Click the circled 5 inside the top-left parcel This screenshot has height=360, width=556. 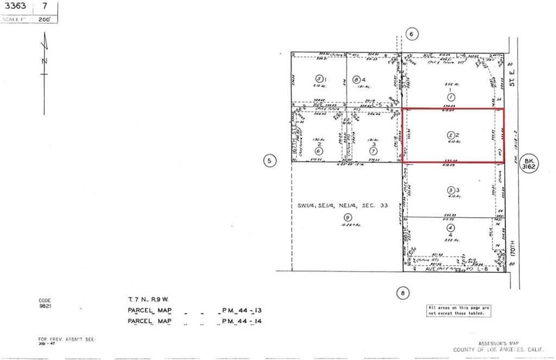(x=320, y=78)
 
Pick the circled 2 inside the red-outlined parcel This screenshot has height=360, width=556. (x=450, y=134)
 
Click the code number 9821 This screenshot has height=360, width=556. (x=45, y=305)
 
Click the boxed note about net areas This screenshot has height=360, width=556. (x=458, y=310)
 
